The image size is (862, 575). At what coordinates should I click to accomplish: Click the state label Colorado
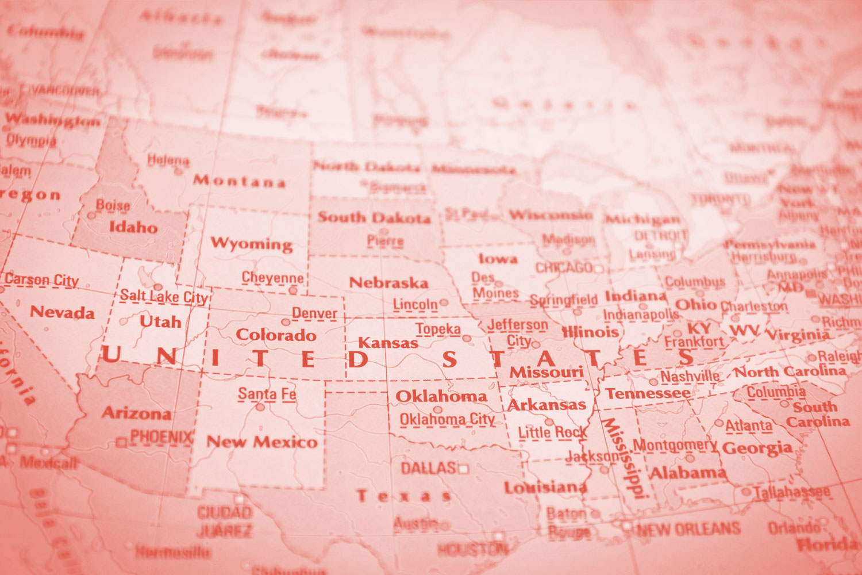(276, 335)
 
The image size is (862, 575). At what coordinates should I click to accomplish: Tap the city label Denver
(314, 313)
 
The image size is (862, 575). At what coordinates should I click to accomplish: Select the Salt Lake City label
(163, 297)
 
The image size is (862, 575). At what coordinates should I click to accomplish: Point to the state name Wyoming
(252, 243)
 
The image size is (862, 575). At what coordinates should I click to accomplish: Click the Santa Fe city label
(267, 394)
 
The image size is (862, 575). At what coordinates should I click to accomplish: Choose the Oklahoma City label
(447, 420)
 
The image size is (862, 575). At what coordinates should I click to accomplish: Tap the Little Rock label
(552, 432)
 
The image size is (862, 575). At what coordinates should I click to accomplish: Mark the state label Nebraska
(389, 283)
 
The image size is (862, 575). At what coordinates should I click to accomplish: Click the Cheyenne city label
(272, 278)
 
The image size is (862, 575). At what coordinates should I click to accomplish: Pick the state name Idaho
(133, 227)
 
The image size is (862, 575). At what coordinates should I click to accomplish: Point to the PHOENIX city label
(161, 437)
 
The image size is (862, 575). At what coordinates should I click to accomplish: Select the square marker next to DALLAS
(463, 470)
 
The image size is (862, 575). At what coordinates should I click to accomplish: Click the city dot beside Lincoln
(444, 302)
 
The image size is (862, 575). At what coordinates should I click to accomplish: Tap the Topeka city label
(438, 329)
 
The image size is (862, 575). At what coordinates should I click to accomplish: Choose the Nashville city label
(690, 377)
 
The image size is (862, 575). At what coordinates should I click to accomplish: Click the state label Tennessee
(648, 394)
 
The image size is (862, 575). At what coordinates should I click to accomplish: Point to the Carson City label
(42, 280)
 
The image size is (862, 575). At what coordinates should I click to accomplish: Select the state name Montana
(239, 181)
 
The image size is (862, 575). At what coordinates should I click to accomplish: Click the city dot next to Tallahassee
(746, 492)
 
